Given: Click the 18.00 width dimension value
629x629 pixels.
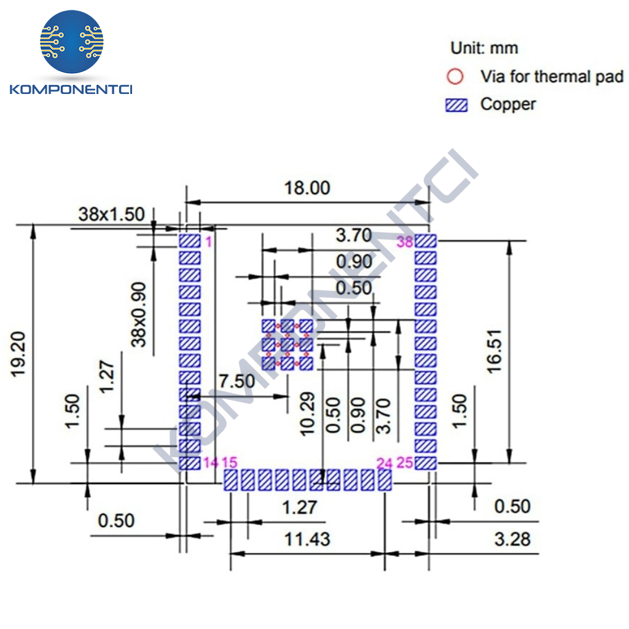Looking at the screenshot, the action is point(307,188).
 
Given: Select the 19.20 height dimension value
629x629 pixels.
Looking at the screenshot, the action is point(18,354).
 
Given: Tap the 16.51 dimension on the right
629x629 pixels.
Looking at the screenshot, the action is point(494,352).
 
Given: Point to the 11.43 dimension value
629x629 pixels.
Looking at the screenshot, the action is point(307,539).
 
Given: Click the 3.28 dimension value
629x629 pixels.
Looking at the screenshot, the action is point(512,539).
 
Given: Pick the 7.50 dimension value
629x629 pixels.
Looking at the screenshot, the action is point(236,381).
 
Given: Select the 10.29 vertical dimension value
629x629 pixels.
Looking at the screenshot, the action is point(308,414).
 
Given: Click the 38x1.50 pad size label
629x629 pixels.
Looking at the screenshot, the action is point(112,214).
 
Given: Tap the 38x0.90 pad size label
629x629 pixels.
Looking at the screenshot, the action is point(139,314).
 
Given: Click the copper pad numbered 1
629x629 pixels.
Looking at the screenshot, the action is point(189,241).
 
